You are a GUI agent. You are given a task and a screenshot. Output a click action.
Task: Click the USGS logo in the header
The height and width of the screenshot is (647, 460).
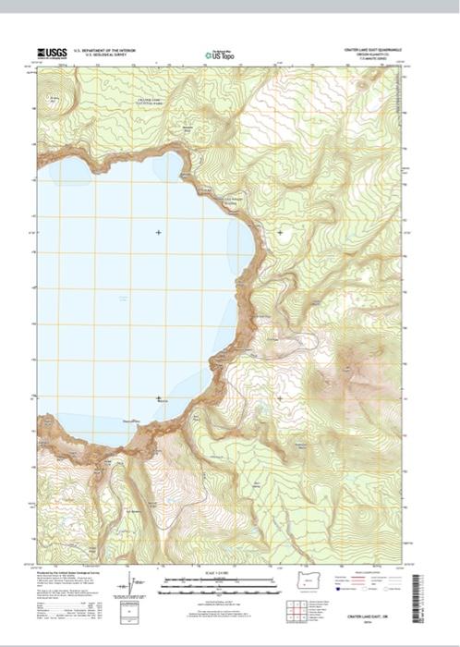tap(51, 54)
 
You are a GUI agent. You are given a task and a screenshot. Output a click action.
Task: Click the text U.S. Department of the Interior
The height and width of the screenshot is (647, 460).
tap(110, 51)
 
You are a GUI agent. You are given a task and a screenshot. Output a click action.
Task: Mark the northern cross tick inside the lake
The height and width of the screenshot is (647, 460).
tap(158, 232)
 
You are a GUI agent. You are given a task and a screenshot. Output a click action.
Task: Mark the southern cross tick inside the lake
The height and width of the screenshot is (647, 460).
tap(158, 398)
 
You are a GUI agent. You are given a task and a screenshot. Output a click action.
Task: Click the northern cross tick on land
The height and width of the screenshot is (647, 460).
tap(280, 232)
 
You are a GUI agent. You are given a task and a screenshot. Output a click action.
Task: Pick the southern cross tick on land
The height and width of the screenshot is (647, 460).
tap(280, 398)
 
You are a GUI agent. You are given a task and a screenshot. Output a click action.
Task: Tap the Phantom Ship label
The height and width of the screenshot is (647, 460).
tap(132, 421)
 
